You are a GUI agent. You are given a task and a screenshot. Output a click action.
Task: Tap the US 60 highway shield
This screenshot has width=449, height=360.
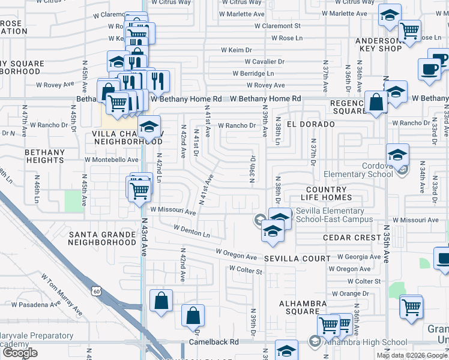(x=98, y=292)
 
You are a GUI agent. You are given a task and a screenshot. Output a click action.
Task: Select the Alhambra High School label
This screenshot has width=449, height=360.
(x=357, y=343)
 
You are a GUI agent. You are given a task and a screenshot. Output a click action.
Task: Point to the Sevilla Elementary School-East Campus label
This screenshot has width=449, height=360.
(x=329, y=215)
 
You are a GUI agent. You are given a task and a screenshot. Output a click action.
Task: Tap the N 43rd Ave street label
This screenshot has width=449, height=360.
(x=145, y=238)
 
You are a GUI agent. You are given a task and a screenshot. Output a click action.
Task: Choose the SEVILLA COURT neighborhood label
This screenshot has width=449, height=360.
(x=298, y=259)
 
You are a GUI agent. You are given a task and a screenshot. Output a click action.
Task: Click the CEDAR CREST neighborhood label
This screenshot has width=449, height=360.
(x=351, y=238)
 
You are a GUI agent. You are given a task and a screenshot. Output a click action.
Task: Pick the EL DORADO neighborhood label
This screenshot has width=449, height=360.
(x=310, y=124)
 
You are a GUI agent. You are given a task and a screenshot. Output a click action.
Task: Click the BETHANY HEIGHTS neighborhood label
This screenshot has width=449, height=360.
(x=44, y=157)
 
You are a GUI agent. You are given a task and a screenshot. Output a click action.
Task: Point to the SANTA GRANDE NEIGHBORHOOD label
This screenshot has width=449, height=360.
(x=102, y=238)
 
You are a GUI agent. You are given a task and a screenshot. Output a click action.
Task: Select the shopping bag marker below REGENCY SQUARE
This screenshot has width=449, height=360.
(x=376, y=103)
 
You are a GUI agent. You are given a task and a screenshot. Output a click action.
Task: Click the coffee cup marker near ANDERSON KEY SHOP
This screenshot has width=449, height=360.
(x=430, y=68)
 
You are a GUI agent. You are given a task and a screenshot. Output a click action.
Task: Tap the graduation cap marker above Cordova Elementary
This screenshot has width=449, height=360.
(x=397, y=155)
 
